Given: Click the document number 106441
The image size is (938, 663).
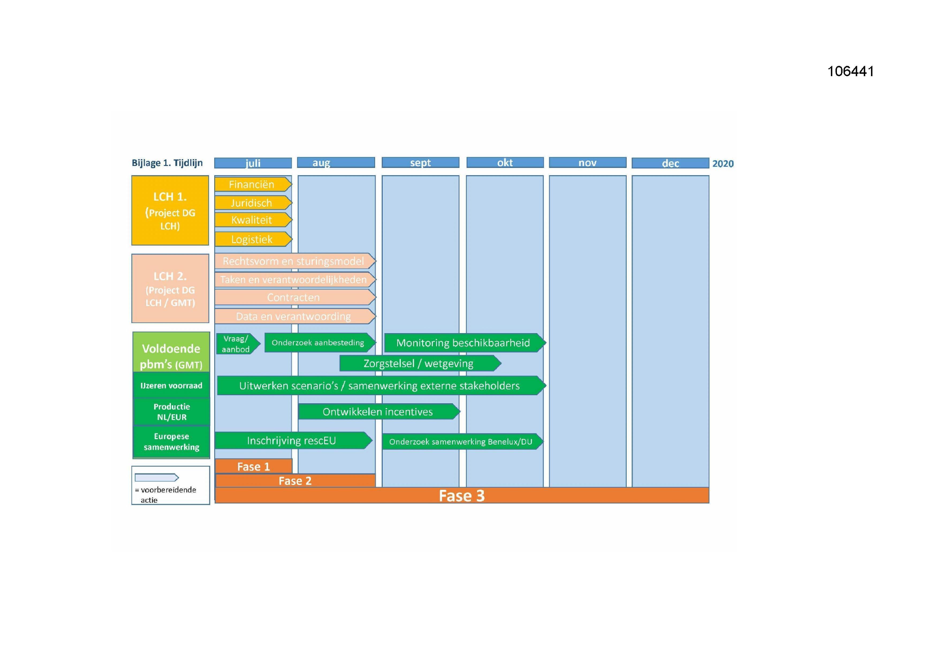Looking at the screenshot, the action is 851,71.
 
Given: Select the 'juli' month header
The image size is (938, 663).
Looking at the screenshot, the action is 253,163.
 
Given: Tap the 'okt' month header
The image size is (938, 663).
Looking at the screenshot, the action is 505,162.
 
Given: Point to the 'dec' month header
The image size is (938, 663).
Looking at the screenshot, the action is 670,163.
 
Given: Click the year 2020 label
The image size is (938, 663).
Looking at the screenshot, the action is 723,163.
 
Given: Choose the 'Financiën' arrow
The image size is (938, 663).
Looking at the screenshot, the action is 253,184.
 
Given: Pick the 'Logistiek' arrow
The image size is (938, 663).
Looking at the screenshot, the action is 253,239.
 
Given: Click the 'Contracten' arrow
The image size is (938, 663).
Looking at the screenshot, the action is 295,297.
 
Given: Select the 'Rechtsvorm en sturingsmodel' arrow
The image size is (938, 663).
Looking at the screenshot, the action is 295,261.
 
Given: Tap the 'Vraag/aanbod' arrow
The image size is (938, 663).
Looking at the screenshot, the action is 238,344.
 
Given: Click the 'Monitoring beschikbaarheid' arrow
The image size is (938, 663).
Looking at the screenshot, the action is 465,342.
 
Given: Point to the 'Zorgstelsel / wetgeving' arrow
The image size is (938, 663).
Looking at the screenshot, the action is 420,363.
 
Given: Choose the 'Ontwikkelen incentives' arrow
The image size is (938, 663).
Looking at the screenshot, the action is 379,412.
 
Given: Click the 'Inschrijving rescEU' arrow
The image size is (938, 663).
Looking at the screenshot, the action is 293,441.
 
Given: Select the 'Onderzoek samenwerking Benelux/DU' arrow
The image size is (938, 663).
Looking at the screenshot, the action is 463,441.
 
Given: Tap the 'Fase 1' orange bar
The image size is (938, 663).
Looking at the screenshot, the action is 254,466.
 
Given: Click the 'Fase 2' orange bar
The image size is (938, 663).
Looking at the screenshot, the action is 295,481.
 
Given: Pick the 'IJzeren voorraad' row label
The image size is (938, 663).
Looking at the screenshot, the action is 171,385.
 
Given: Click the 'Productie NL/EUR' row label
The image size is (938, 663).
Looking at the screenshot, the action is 172,412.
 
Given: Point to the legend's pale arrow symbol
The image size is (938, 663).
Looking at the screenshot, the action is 157,477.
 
